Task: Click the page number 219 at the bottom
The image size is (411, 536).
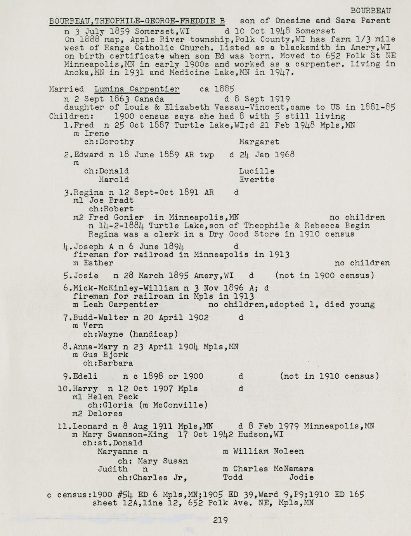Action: point(220,520)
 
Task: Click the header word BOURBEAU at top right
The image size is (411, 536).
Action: point(371,11)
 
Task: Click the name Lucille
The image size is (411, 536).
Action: point(257,171)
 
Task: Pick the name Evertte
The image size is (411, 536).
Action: point(257,180)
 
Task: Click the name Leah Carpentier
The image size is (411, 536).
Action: point(121,305)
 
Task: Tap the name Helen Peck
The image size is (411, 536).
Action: point(113,397)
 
